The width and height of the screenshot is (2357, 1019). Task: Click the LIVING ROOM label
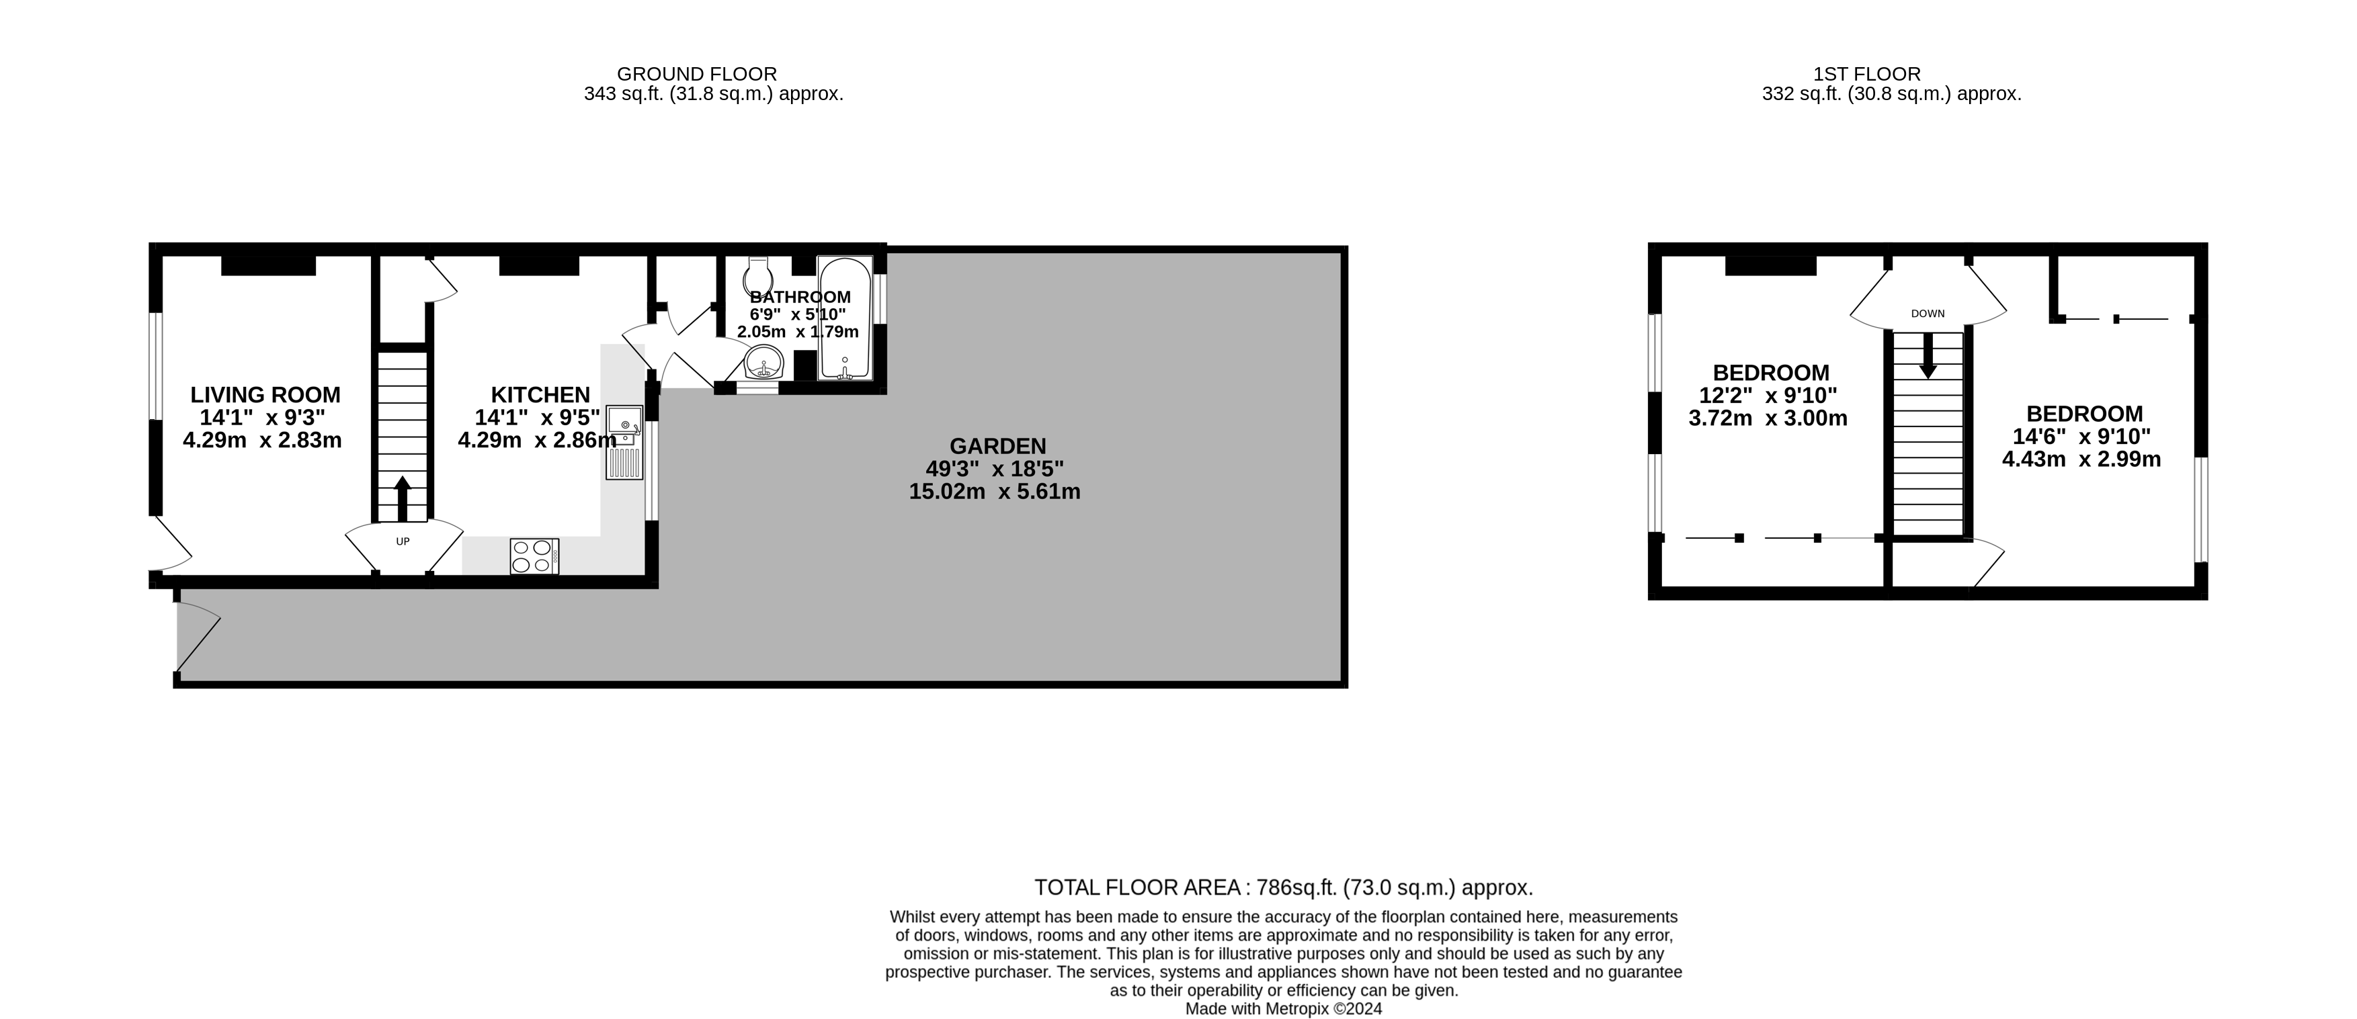coord(265,395)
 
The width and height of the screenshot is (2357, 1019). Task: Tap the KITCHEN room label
coord(540,395)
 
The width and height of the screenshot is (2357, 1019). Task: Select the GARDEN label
coord(997,447)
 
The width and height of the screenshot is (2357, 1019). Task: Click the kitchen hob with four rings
coord(534,556)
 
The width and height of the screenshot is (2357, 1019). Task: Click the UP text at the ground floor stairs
coord(403,541)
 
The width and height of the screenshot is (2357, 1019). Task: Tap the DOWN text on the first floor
coord(1927,314)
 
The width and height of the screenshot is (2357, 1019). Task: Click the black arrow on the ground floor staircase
coord(402,498)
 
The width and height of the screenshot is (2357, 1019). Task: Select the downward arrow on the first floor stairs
coord(1927,357)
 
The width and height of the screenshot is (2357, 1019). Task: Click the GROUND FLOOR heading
coord(696,74)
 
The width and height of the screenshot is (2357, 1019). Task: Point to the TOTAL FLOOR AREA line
coord(1283,887)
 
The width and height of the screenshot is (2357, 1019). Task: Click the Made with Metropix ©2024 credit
coord(1283,1009)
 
